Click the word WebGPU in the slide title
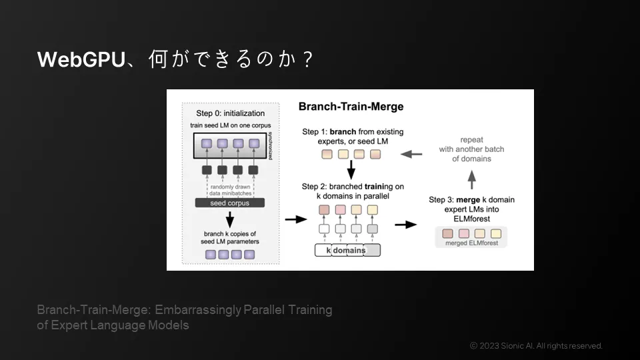coord(81,60)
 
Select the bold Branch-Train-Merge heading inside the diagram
coord(351,107)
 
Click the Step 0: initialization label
coord(230,113)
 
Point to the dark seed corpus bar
coord(229,203)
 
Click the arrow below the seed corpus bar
coord(229,219)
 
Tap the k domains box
coord(347,250)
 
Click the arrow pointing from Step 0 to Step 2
coord(292,218)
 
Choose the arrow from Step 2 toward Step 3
coord(405,224)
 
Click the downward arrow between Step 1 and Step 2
coord(350,172)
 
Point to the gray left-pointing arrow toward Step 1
coord(414,155)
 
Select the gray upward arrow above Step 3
coord(471,179)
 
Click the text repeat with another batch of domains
coord(471,149)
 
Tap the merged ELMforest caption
coord(471,243)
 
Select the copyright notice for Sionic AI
coord(536,345)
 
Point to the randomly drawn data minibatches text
coord(230,190)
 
